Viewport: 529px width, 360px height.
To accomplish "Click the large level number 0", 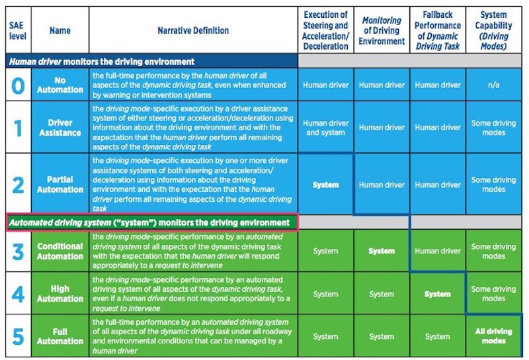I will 18,85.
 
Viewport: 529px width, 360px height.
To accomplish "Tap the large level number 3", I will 18,251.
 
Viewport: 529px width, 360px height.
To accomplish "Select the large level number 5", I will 18,336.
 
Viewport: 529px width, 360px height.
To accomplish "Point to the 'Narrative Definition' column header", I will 193,30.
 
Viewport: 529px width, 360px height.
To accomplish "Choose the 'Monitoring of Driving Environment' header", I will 382,30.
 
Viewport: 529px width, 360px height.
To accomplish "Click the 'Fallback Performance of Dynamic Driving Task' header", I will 438,30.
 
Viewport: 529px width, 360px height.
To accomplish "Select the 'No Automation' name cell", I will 60,85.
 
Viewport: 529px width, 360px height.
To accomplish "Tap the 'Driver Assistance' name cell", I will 60,128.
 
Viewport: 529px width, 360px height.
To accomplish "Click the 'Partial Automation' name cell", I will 60,185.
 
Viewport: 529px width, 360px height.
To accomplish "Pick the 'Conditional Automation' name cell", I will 60,251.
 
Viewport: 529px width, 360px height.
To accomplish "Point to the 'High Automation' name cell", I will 60,294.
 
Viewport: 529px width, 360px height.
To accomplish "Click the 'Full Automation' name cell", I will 60,336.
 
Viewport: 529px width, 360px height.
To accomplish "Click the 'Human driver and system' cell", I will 325,128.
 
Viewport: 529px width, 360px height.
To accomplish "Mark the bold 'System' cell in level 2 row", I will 325,185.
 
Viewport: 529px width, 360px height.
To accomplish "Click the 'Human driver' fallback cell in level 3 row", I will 438,251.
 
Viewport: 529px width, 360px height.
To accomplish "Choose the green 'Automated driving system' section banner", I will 151,222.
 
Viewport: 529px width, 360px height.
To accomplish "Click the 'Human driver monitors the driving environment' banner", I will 151,61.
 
